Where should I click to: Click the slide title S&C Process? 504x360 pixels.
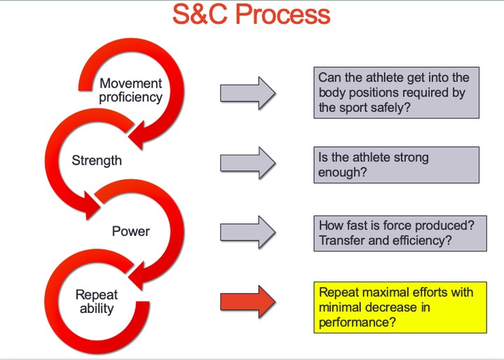click(x=251, y=15)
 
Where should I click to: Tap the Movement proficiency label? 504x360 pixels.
click(x=130, y=90)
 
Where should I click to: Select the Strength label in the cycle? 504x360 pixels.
click(x=97, y=160)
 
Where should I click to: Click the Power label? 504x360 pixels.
click(x=130, y=230)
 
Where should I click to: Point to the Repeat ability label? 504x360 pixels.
click(x=97, y=301)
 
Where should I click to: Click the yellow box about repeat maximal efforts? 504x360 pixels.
click(x=399, y=307)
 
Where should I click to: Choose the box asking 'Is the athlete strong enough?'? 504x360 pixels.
click(x=395, y=165)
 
